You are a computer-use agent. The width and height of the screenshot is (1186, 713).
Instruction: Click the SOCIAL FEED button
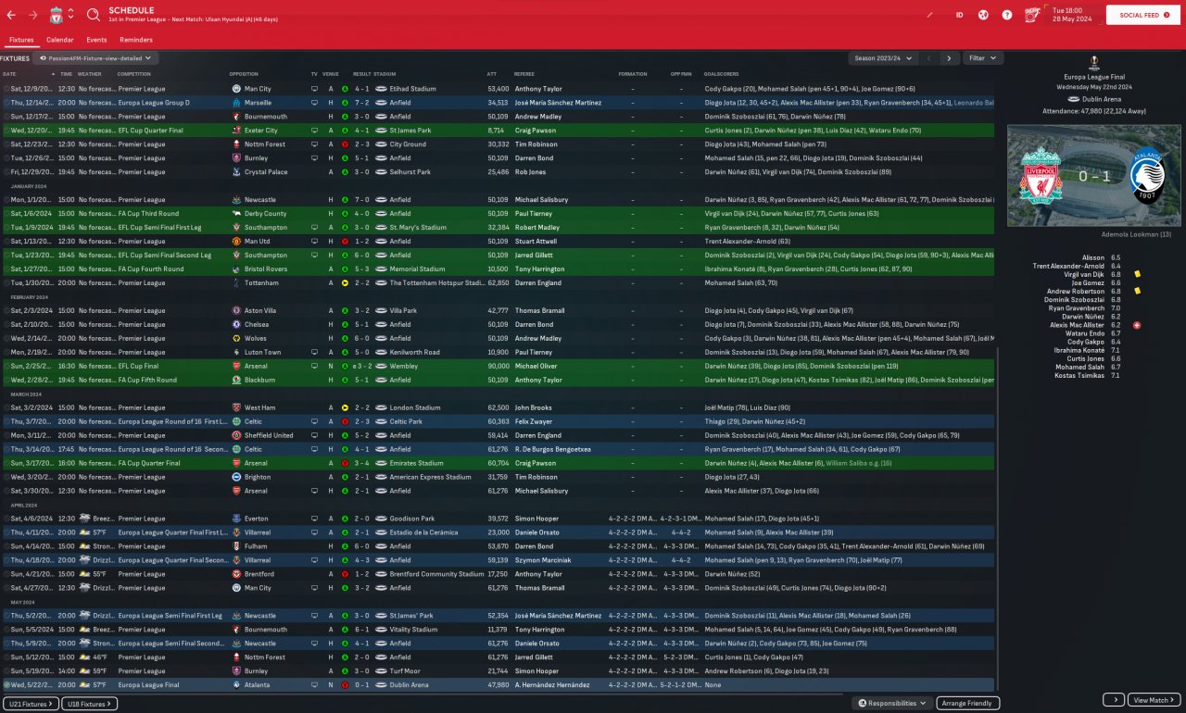[x=1144, y=16]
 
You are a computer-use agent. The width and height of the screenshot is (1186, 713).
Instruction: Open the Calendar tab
[x=59, y=40]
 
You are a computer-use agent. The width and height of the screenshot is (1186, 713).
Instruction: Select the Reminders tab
[x=136, y=40]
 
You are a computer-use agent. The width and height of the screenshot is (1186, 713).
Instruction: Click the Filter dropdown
[x=982, y=57]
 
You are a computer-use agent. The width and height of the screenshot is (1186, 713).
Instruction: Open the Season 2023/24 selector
[x=883, y=57]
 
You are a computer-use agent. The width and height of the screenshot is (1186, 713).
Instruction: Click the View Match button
[x=1154, y=700]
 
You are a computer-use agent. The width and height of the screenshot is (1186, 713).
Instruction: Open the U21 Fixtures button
[x=31, y=704]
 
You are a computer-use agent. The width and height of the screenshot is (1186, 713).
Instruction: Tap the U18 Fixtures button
[x=91, y=704]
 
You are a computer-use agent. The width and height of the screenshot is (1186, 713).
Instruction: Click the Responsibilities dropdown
[x=892, y=704]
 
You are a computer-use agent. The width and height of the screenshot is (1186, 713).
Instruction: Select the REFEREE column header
[x=524, y=74]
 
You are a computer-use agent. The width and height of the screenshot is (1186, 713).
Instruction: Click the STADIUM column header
[x=385, y=74]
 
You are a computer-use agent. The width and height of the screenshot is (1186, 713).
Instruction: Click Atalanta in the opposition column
[x=258, y=685]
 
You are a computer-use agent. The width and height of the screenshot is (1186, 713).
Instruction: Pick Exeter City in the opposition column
[x=261, y=131]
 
